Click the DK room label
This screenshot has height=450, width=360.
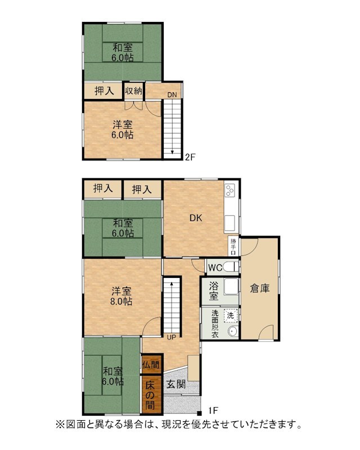pyautogui.click(x=196, y=218)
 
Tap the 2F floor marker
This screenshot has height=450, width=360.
pyautogui.click(x=190, y=157)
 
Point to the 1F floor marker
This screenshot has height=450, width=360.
pyautogui.click(x=213, y=411)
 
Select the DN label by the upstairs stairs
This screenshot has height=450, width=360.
pyautogui.click(x=172, y=94)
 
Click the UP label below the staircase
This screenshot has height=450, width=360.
pyautogui.click(x=172, y=337)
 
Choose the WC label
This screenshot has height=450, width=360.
pyautogui.click(x=215, y=268)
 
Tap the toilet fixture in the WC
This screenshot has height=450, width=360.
pyautogui.click(x=231, y=267)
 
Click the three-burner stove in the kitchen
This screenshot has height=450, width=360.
pyautogui.click(x=230, y=190)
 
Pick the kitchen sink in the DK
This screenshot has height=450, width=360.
pyautogui.click(x=229, y=223)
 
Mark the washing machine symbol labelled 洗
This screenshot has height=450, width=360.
pyautogui.click(x=231, y=316)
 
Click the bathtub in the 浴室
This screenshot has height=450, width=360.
pyautogui.click(x=231, y=286)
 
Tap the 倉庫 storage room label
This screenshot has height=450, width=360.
pyautogui.click(x=260, y=288)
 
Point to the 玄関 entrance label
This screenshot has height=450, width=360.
pyautogui.click(x=176, y=384)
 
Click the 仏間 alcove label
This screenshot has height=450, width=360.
pyautogui.click(x=151, y=364)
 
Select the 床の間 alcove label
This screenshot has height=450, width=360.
pyautogui.click(x=150, y=395)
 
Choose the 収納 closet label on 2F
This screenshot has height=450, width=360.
pyautogui.click(x=133, y=91)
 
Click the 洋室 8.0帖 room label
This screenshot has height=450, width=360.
pyautogui.click(x=122, y=296)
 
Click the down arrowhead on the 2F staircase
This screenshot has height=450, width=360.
pyautogui.click(x=172, y=152)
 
